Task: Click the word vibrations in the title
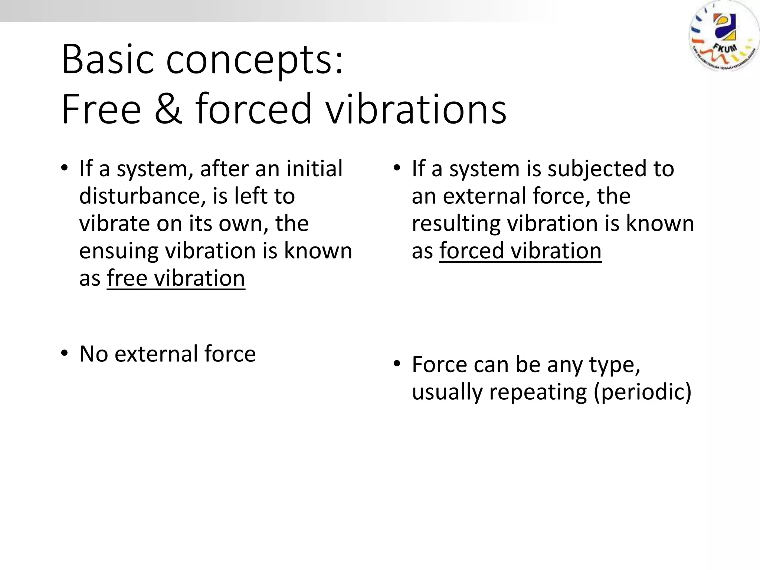[416, 109]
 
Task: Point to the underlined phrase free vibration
[176, 278]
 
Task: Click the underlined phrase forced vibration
[520, 251]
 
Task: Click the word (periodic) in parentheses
[643, 392]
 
